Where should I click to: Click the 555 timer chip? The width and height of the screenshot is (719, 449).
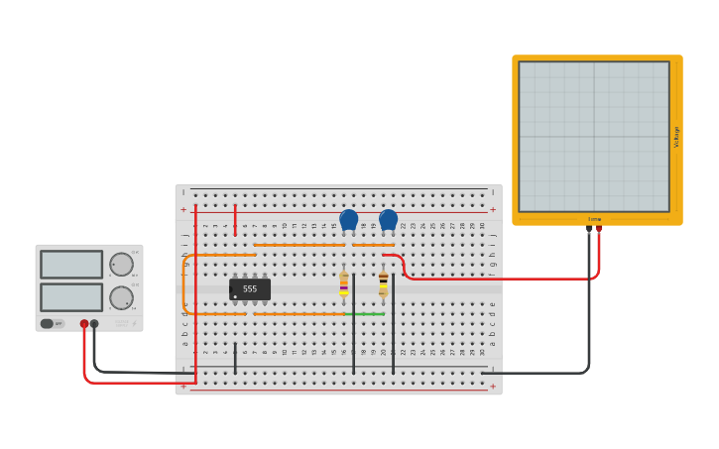click(x=250, y=289)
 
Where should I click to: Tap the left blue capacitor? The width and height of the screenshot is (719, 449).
click(x=348, y=219)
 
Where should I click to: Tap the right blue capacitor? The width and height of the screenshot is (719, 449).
click(x=388, y=219)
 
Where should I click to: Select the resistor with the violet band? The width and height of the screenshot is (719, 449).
click(x=344, y=284)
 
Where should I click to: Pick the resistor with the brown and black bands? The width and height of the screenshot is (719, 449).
click(x=384, y=284)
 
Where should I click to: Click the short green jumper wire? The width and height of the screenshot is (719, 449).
click(x=364, y=314)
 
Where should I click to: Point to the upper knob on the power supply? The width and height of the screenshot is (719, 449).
click(x=121, y=265)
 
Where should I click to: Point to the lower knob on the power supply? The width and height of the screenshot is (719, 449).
click(x=121, y=297)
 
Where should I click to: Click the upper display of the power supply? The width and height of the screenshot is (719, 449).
click(x=71, y=265)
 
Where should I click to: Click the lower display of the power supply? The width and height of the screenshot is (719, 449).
click(x=71, y=297)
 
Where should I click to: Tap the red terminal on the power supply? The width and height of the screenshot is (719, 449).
click(x=84, y=324)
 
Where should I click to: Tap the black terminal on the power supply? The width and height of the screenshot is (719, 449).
click(x=94, y=324)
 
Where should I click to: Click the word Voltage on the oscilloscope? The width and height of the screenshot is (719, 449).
click(x=676, y=137)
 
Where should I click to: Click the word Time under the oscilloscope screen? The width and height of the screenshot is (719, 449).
click(x=594, y=219)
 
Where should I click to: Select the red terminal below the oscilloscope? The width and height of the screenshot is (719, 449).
click(x=599, y=229)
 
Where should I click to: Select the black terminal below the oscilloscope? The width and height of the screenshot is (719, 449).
click(x=589, y=229)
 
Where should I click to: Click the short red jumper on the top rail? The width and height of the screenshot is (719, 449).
click(x=235, y=220)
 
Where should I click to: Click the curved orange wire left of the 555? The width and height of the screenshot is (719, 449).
click(x=184, y=284)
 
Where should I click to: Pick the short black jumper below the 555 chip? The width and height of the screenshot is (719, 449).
click(x=235, y=359)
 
